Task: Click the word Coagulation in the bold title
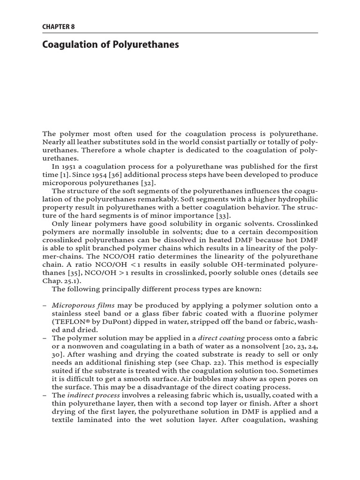(67, 45)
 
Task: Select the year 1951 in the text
(71, 167)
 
